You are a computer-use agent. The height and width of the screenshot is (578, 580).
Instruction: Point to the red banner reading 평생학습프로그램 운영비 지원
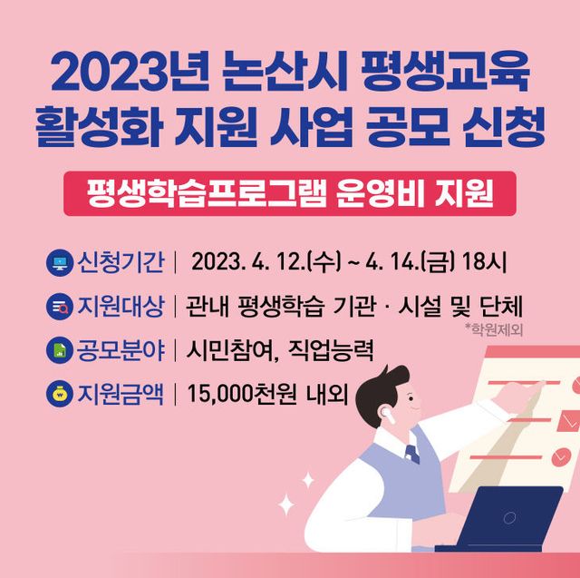[x=289, y=193]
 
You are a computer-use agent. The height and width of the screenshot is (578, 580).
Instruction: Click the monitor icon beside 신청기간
[x=59, y=264]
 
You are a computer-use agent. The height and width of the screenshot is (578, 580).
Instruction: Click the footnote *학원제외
[x=493, y=328]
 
